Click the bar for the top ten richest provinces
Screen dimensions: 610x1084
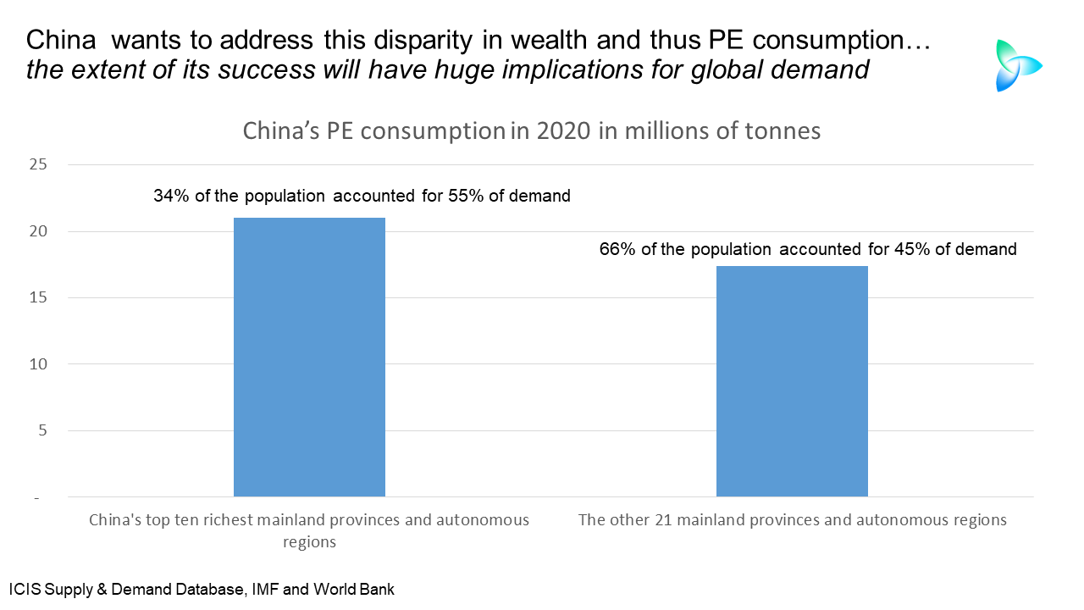[309, 357]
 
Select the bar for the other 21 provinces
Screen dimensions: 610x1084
[792, 381]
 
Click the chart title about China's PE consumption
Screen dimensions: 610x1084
[531, 131]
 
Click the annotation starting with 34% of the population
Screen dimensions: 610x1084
[362, 196]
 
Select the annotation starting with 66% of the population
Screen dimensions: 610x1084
[807, 249]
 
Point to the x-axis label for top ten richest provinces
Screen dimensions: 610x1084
[309, 530]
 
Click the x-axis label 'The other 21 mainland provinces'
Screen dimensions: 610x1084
[792, 520]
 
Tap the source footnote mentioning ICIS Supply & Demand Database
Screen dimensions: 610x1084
[202, 588]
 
